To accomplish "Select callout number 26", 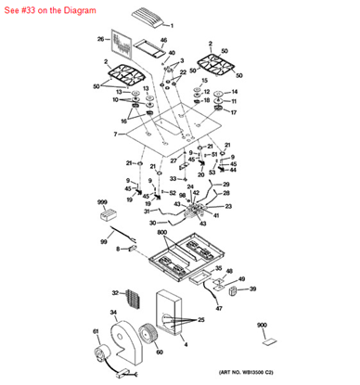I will pyautogui.click(x=100, y=39).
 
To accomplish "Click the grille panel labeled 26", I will pyautogui.click(x=120, y=45).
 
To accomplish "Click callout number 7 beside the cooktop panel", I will pyautogui.click(x=116, y=135).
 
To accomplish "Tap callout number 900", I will pyautogui.click(x=262, y=326).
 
